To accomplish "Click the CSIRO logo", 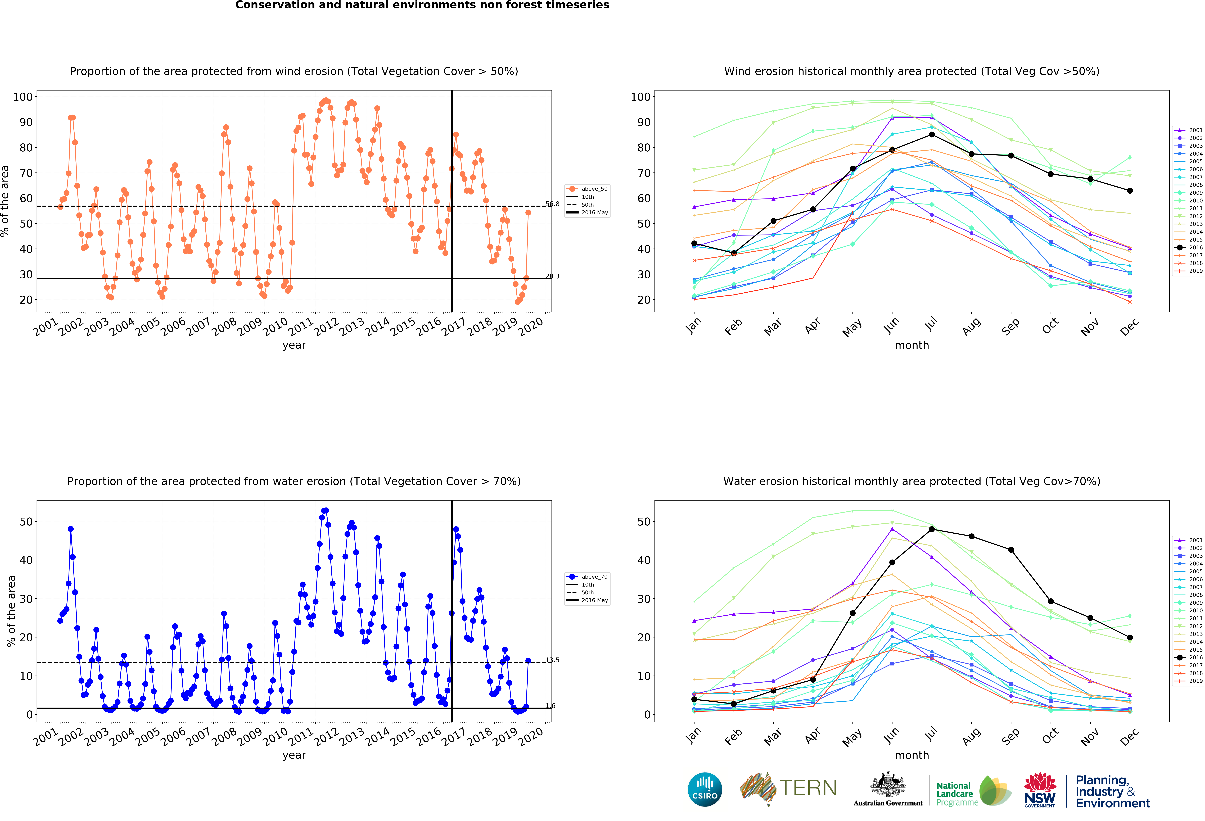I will point(705,789).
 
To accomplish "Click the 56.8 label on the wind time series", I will point(552,204).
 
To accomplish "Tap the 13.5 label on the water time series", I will point(552,660).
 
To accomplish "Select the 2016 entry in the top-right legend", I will point(1192,247).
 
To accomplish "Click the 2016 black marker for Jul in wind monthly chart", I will point(932,135).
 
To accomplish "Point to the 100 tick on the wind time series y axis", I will point(23,97).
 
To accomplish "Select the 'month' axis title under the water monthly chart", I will point(911,755).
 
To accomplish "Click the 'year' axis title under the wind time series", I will point(294,345).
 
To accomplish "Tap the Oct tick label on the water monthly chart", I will point(1050,736).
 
